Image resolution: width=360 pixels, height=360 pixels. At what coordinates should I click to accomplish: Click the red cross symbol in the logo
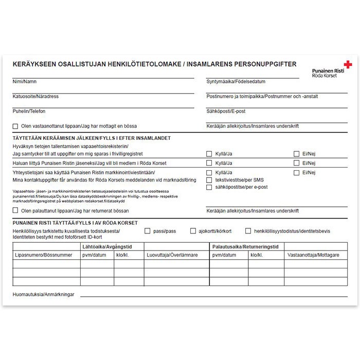point(348,65)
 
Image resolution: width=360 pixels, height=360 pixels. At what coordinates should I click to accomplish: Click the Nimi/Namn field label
point(24,81)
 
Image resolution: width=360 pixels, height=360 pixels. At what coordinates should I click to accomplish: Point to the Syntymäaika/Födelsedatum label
point(236,82)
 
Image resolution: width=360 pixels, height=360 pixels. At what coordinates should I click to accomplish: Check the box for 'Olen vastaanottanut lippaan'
point(15,126)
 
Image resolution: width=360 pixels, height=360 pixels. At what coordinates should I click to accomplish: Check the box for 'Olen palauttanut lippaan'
point(15,210)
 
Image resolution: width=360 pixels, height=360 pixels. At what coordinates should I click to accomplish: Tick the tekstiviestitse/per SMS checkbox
point(209,180)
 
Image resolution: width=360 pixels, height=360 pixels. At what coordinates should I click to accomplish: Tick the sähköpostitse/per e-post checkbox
point(209,188)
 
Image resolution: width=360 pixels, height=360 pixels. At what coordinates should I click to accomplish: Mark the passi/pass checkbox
point(148,231)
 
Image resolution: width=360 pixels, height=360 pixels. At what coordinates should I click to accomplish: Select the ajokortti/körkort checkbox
point(193,231)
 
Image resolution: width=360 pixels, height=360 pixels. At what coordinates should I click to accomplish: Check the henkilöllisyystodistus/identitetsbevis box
point(248,231)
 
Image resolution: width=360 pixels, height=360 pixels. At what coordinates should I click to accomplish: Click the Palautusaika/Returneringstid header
point(245,247)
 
